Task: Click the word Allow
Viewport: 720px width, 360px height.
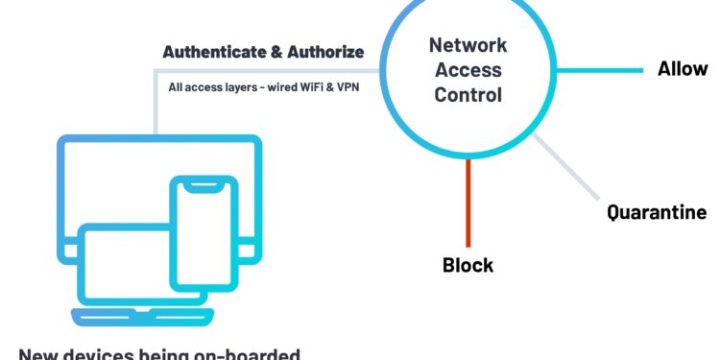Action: (683, 69)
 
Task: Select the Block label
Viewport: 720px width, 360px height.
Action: (468, 265)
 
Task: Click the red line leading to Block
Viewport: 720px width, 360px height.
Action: (468, 202)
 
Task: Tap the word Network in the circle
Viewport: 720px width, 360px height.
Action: (468, 44)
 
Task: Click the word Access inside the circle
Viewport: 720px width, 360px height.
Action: (468, 69)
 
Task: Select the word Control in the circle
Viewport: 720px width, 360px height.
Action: (468, 94)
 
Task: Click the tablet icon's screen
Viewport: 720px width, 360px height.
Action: (125, 260)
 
